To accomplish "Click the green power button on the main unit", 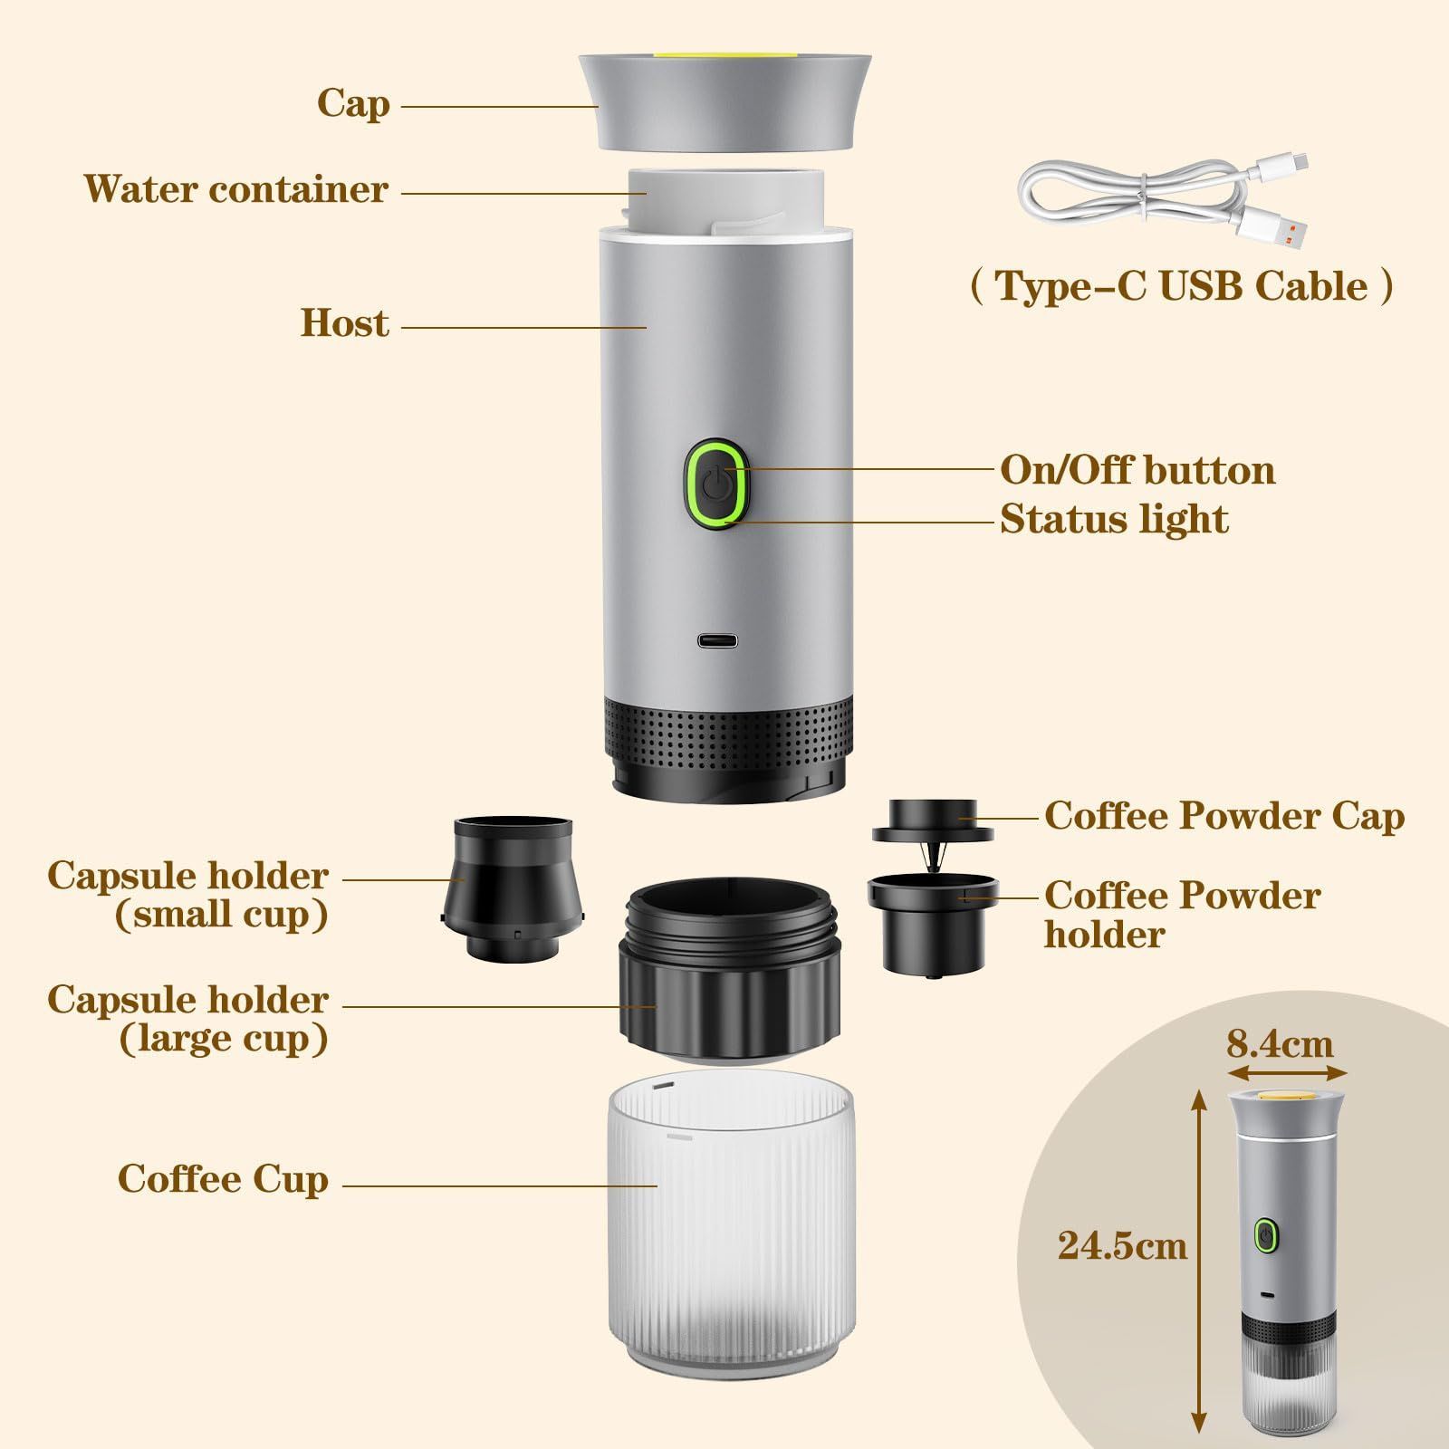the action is (717, 482).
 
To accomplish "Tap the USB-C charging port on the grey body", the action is (716, 641).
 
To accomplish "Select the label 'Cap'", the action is (353, 104).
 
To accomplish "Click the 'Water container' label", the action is (236, 189).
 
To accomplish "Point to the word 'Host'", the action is (345, 323).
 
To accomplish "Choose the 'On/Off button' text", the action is (1137, 470).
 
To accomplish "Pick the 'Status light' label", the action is (1114, 520).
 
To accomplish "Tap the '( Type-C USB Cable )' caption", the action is (1182, 286).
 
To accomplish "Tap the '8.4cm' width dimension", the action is (1280, 1044).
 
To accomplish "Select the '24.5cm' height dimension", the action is (1122, 1246).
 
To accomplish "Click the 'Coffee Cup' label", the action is (223, 1180).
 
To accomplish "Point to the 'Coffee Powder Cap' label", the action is (1224, 816).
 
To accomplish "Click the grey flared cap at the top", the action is (726, 100).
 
